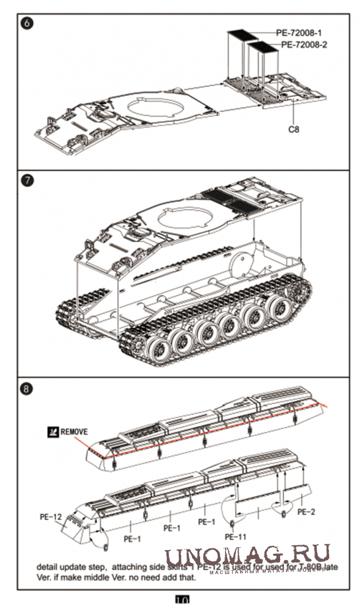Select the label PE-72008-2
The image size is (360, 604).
point(303,44)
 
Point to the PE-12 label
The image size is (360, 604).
point(52,517)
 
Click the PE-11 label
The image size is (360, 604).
point(235,536)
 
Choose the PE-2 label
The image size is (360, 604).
point(306,511)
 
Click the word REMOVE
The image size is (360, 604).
point(74,432)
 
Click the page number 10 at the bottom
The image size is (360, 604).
point(182,599)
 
